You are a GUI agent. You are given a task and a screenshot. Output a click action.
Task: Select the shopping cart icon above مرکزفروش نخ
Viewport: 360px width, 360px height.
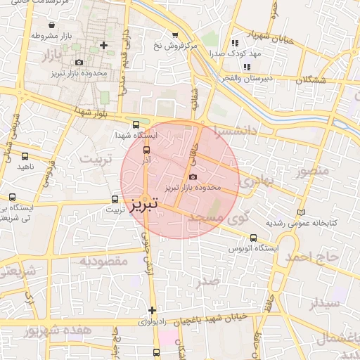tap(175, 34)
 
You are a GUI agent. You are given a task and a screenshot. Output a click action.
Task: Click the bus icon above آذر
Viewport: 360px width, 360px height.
tap(147, 150)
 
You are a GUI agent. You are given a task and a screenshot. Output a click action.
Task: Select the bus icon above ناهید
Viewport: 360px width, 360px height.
tap(25, 156)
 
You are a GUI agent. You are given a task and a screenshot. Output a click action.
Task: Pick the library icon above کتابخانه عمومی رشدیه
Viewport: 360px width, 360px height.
tap(302, 212)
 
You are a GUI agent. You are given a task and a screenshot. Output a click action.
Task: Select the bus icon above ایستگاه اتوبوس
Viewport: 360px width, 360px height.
tap(253, 238)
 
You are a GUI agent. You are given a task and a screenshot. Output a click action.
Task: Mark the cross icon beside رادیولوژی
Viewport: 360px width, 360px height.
tap(152, 310)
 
